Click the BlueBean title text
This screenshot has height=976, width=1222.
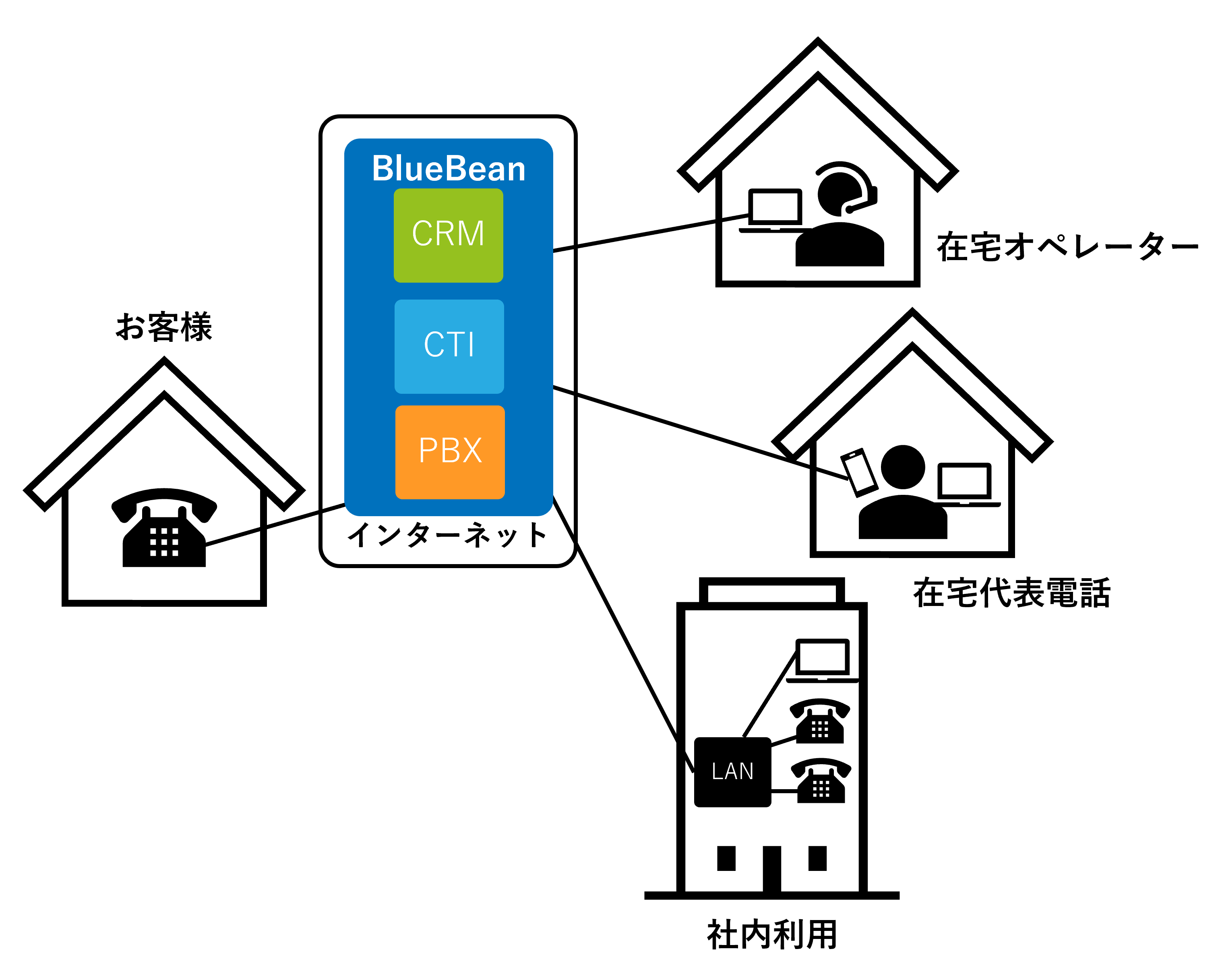pos(448,169)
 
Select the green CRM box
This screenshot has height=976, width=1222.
pos(448,235)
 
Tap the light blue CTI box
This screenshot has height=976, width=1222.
pos(449,346)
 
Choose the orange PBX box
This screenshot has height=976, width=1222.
pos(450,452)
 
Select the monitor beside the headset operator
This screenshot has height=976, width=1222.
pos(778,207)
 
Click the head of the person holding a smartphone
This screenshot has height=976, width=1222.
pos(903,467)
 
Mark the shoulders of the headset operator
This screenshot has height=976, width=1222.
pos(839,238)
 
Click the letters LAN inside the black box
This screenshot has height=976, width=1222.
pos(732,771)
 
